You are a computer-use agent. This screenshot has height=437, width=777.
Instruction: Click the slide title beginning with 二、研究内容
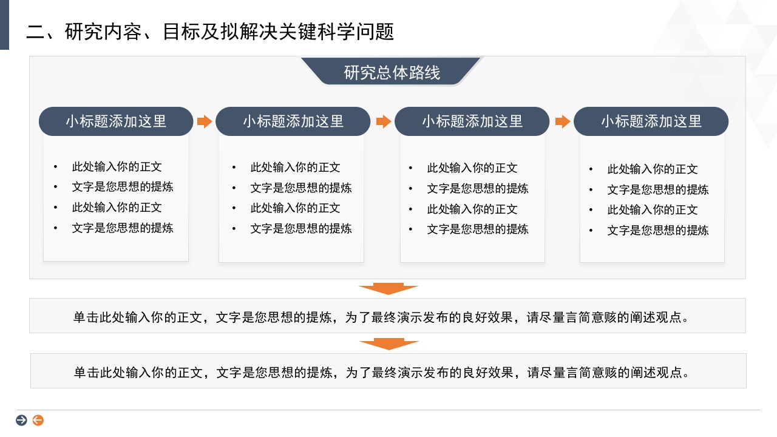(x=210, y=32)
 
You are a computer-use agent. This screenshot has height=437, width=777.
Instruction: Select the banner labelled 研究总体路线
(x=392, y=73)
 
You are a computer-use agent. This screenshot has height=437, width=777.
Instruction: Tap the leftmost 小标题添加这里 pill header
(x=116, y=121)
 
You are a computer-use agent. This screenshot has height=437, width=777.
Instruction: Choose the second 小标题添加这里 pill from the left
(x=293, y=121)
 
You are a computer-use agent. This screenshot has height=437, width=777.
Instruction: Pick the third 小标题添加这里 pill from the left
(x=472, y=121)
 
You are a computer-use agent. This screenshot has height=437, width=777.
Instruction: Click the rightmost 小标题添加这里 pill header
(x=651, y=121)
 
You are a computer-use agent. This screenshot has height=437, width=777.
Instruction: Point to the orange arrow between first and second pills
(x=205, y=121)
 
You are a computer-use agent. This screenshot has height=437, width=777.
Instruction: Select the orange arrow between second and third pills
(x=383, y=121)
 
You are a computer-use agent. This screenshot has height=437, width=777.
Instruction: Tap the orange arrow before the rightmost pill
(x=563, y=121)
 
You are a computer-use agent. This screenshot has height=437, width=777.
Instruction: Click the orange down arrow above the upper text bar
(x=388, y=289)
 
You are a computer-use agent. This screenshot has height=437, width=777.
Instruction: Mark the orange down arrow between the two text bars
(x=388, y=344)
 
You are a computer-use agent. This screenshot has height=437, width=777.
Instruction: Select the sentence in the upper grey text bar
(x=382, y=317)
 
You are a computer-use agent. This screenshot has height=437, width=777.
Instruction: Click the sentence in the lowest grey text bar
(x=382, y=372)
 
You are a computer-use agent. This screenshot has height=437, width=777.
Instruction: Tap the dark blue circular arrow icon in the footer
(x=21, y=420)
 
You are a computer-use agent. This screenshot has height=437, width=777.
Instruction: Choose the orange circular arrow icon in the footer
(x=38, y=420)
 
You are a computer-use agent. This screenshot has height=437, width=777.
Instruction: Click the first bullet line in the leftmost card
(x=117, y=167)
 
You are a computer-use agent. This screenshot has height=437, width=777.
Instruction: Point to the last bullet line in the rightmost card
(x=657, y=231)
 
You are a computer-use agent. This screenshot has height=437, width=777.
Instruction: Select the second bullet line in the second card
(x=300, y=188)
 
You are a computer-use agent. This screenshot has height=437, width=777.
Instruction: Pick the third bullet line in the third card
(x=472, y=209)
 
